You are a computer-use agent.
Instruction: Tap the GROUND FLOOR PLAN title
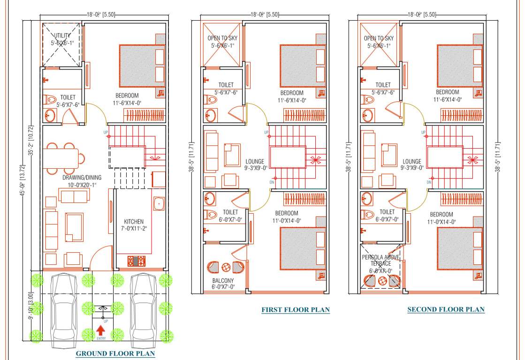point(115,353)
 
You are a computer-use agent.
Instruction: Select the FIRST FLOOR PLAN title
point(295,309)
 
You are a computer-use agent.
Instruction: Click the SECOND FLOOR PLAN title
point(446,309)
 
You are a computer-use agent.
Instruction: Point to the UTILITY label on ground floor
point(62,36)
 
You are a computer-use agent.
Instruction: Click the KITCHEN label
point(134,221)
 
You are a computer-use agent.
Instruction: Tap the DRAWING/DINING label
point(82,178)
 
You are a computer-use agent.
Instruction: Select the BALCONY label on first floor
point(223,281)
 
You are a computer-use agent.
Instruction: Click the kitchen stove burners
point(137,260)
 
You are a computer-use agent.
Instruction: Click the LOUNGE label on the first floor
point(254,162)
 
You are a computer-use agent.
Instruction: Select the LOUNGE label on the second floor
point(412,162)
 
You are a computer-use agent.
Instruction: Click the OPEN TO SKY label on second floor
point(379,38)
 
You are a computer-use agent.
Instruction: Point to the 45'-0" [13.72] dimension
point(23,181)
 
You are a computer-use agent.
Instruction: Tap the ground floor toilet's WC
point(49,100)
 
